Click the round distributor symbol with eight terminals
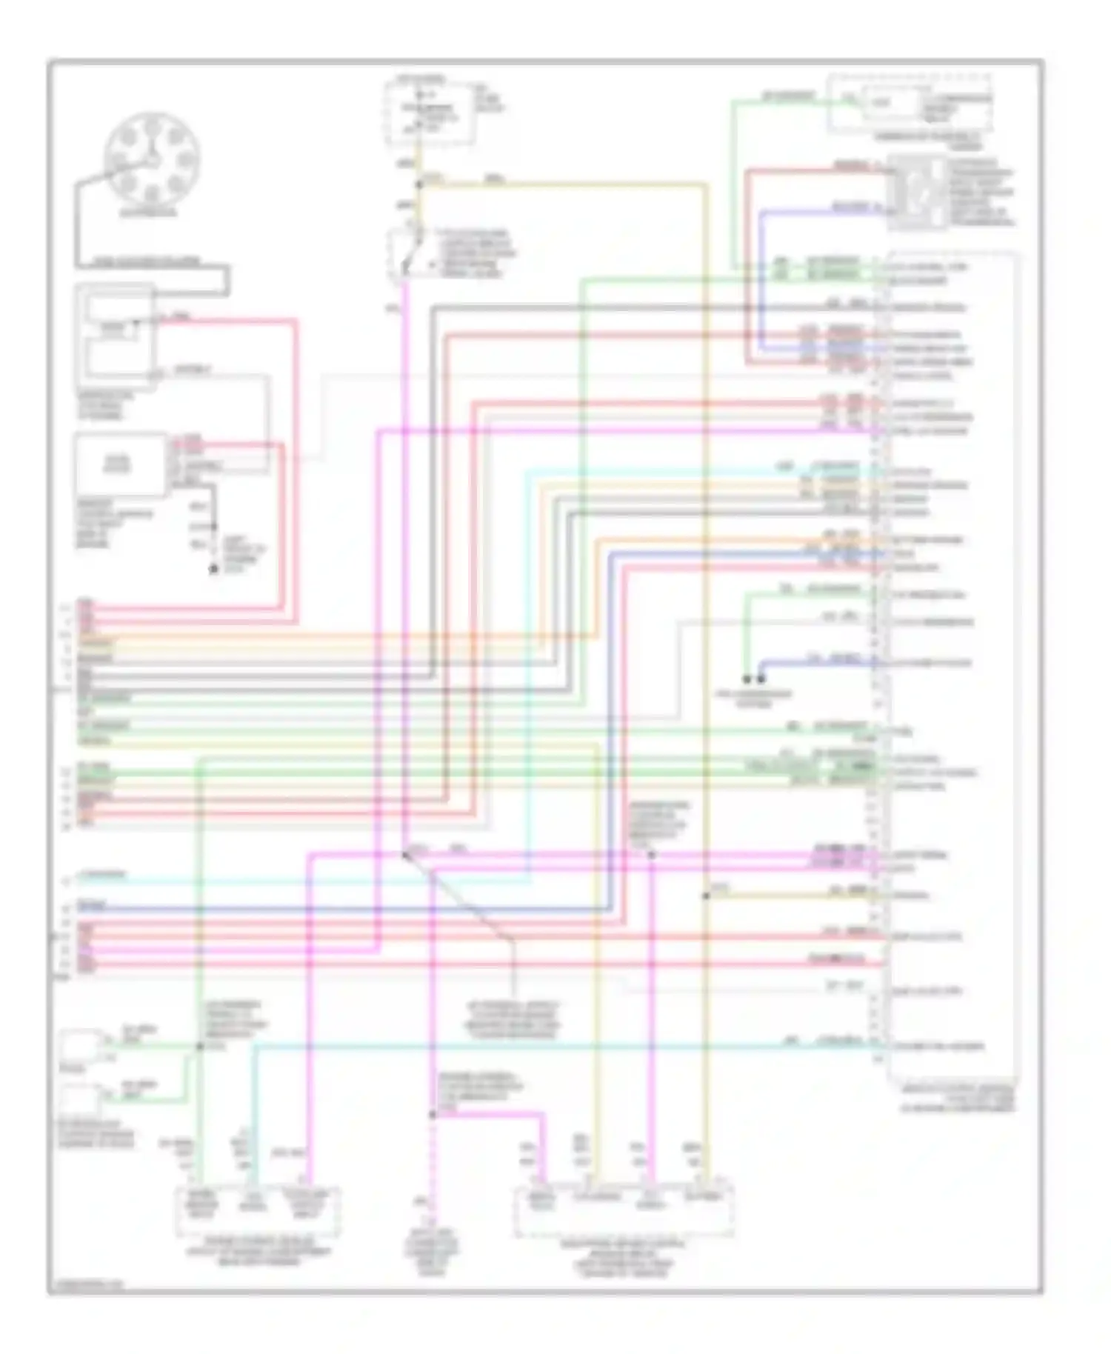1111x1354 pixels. click(x=152, y=159)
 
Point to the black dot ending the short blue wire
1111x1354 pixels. click(x=761, y=678)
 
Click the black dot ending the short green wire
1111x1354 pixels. click(x=747, y=678)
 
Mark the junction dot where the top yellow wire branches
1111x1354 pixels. click(x=419, y=184)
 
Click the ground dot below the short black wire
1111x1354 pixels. click(x=214, y=569)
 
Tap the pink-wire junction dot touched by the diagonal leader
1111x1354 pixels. click(x=405, y=856)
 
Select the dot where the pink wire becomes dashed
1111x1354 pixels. click(x=433, y=1114)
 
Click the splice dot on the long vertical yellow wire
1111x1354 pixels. click(x=706, y=896)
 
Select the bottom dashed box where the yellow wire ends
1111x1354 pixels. click(x=624, y=1212)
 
